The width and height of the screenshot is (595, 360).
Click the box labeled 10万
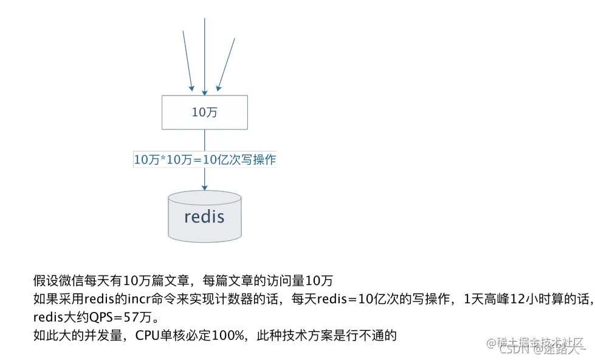204,112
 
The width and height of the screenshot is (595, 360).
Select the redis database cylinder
204,216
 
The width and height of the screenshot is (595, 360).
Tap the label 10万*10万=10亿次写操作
205,159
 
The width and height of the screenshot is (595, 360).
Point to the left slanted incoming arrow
188,61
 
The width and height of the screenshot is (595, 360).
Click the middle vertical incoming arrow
205,55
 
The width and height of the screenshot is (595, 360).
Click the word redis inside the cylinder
204,216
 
